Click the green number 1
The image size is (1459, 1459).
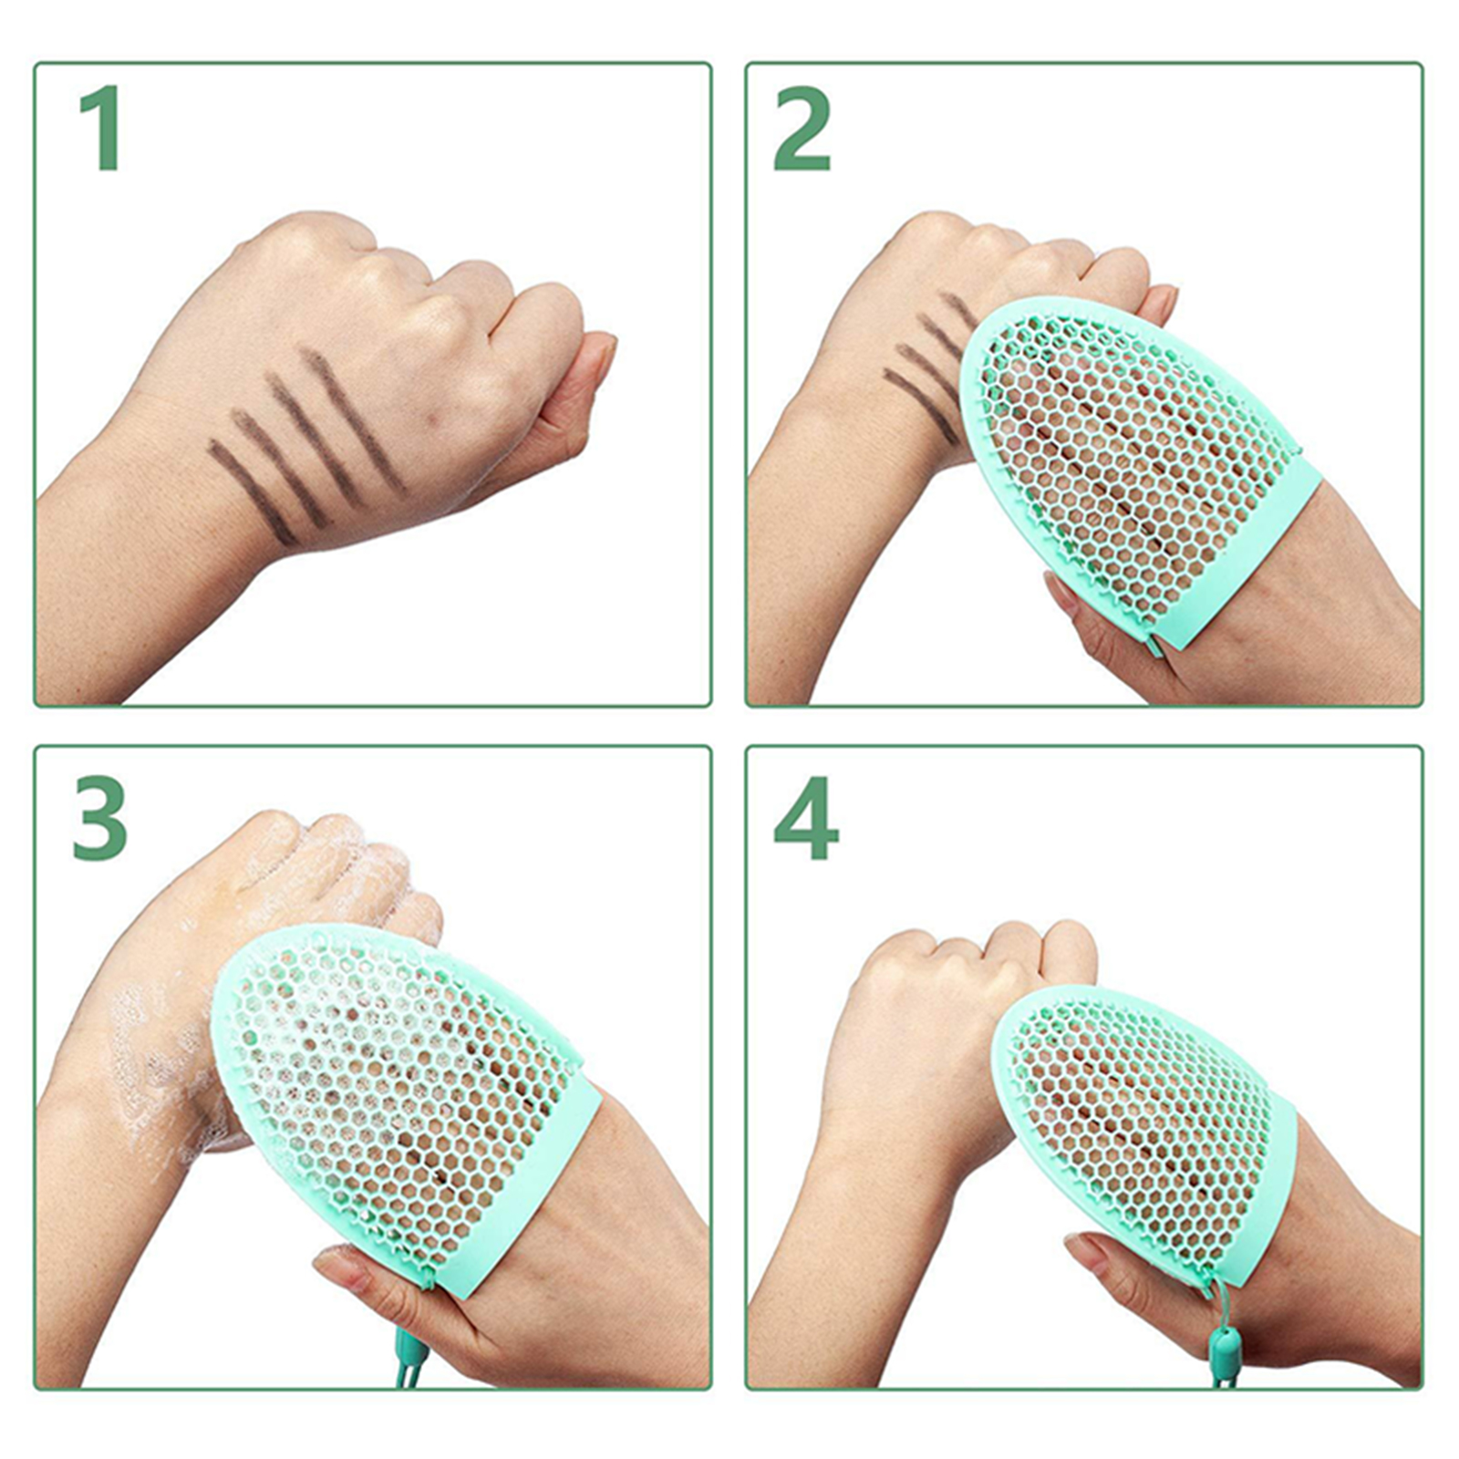(x=100, y=128)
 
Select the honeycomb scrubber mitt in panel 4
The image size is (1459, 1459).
(x=1149, y=1131)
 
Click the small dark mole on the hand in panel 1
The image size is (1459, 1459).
(x=435, y=420)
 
